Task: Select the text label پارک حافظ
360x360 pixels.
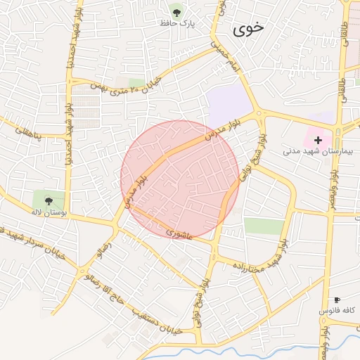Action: point(177,25)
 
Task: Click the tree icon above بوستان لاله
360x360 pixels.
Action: point(49,201)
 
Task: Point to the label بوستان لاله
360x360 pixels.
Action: point(49,212)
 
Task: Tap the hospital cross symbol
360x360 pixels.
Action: point(318,141)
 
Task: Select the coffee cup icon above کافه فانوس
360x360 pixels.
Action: point(337,300)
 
